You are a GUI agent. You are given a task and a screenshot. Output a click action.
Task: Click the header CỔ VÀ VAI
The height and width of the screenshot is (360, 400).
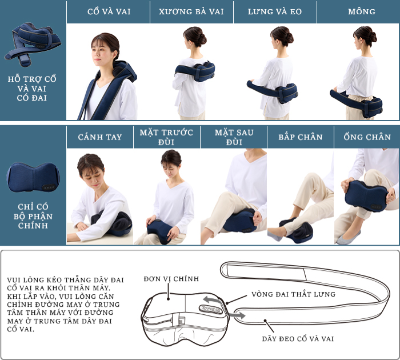(109, 11)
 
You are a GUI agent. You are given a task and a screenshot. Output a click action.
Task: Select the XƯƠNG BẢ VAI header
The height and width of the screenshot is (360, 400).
(191, 11)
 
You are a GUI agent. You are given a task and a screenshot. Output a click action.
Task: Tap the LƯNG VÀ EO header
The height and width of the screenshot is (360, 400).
(275, 11)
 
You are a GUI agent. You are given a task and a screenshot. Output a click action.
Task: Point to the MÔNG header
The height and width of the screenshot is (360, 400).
(362, 11)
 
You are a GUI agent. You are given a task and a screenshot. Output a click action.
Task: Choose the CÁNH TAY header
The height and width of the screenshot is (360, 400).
(100, 137)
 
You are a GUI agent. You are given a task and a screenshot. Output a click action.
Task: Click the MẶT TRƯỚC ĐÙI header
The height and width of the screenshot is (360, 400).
(166, 137)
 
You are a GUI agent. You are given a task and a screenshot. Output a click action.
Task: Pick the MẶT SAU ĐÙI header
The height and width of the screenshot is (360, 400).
(234, 137)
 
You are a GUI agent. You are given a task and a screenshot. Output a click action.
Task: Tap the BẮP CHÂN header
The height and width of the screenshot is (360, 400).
(301, 137)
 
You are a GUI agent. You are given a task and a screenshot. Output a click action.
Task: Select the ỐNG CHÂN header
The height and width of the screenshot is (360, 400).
(367, 137)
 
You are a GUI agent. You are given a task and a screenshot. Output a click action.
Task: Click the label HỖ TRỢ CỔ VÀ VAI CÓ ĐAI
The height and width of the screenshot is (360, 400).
(32, 88)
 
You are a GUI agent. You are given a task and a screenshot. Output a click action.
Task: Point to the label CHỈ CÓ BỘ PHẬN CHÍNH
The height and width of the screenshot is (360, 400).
(33, 216)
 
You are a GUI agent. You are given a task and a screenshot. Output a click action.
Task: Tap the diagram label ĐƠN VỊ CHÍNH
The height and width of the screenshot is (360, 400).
(171, 279)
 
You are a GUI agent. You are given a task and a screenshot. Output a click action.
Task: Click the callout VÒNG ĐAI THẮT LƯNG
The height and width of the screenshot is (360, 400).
(293, 294)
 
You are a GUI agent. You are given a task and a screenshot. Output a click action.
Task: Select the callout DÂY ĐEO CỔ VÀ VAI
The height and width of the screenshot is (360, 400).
(298, 339)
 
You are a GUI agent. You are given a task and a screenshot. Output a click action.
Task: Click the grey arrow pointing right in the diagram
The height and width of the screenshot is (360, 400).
(237, 315)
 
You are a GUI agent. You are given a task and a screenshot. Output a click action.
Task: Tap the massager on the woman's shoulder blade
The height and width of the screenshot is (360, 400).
(195, 71)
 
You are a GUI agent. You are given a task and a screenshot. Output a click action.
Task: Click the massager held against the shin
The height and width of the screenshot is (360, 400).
(367, 196)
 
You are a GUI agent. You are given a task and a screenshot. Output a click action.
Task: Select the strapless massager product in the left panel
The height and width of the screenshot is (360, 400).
(33, 177)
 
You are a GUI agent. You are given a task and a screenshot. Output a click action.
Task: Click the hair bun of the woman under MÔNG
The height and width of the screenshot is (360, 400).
(373, 37)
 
